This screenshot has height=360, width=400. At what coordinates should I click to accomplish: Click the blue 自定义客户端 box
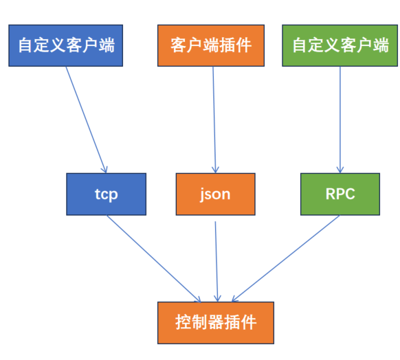pyautogui.click(x=66, y=45)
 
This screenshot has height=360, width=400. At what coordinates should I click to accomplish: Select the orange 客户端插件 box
pyautogui.click(x=211, y=45)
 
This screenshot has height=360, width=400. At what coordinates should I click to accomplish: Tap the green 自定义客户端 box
pyautogui.click(x=340, y=45)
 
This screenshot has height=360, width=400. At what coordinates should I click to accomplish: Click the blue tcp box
pyautogui.click(x=107, y=194)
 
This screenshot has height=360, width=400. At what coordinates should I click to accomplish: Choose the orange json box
pyautogui.click(x=215, y=194)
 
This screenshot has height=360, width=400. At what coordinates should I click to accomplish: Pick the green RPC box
pyautogui.click(x=340, y=194)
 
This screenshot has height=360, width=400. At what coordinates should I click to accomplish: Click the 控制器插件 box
pyautogui.click(x=216, y=322)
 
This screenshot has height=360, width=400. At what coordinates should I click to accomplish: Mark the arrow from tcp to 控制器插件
pyautogui.click(x=153, y=258)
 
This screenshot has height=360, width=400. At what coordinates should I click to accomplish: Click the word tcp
pyautogui.click(x=107, y=194)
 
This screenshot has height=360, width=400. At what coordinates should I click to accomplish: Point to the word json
pyautogui.click(x=215, y=194)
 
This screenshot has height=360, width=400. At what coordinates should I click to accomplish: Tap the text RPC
pyautogui.click(x=340, y=194)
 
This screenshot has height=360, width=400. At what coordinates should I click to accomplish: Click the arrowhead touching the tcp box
pyautogui.click(x=105, y=169)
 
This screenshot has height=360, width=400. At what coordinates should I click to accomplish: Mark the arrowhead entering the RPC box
pyautogui.click(x=340, y=169)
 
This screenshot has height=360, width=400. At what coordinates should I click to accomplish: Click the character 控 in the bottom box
pyautogui.click(x=184, y=322)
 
